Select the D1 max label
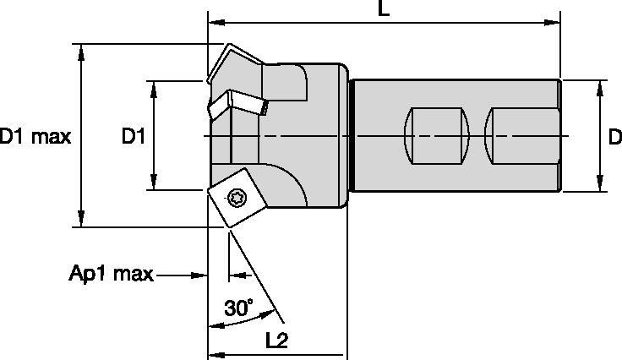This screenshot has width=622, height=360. [x=35, y=136]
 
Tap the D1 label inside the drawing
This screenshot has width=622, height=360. [x=134, y=136]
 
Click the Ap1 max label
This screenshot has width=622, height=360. [x=111, y=275]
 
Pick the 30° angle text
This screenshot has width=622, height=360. [x=238, y=308]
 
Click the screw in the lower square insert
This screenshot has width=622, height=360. [x=235, y=197]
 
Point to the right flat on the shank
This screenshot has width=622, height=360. [x=521, y=137]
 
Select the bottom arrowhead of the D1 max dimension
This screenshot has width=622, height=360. [x=81, y=221]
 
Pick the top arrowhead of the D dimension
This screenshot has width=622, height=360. [x=600, y=86]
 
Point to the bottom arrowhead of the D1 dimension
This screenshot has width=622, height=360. [x=153, y=185]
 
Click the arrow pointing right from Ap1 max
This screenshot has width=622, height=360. [x=202, y=275]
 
